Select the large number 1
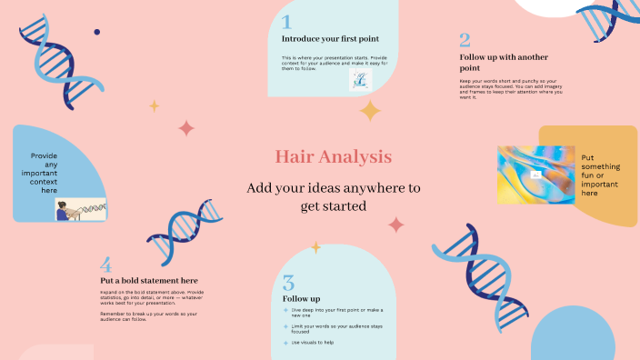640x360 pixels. pyautogui.click(x=286, y=23)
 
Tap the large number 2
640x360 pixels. pyautogui.click(x=465, y=40)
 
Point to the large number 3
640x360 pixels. pyautogui.click(x=288, y=283)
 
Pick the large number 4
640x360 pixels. pyautogui.click(x=106, y=265)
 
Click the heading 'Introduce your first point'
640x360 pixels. pyautogui.click(x=330, y=39)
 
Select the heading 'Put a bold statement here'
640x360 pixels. pyautogui.click(x=149, y=280)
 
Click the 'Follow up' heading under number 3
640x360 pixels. pyautogui.click(x=301, y=298)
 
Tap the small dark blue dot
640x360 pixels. pyautogui.click(x=97, y=32)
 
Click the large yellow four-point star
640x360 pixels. pyautogui.click(x=370, y=111)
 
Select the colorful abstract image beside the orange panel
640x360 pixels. pyautogui.click(x=535, y=174)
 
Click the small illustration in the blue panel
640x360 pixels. pyautogui.click(x=80, y=210)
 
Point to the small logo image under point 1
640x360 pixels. pyautogui.click(x=361, y=80)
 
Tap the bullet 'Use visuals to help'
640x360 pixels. pyautogui.click(x=313, y=343)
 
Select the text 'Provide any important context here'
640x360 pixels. pyautogui.click(x=44, y=173)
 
